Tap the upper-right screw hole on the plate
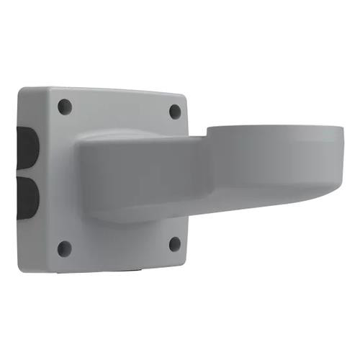coord(175,111)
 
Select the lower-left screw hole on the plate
coord(64,248)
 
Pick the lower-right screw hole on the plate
coord(174,243)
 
